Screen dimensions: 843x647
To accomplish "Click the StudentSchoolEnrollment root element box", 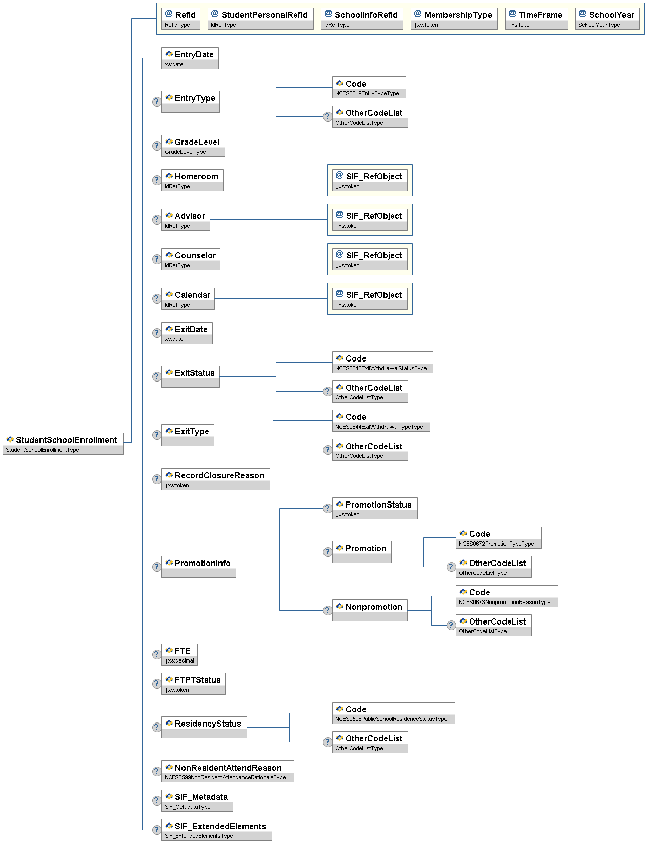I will click(x=63, y=444).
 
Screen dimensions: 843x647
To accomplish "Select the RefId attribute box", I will click(x=180, y=19).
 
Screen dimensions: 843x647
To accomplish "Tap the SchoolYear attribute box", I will click(x=607, y=19).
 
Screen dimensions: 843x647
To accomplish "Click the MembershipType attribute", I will click(x=454, y=19).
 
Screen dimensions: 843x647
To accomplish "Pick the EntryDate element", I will click(x=190, y=58).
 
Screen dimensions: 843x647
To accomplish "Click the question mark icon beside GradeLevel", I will click(x=157, y=146).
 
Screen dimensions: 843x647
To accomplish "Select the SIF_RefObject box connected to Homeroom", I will click(x=370, y=180).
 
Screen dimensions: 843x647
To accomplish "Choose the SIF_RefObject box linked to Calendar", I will click(x=370, y=299).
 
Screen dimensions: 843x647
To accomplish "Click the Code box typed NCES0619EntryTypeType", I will click(x=369, y=88).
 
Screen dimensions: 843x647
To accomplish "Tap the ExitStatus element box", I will click(x=190, y=377).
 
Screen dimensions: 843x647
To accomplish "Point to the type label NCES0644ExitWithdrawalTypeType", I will click(x=379, y=427).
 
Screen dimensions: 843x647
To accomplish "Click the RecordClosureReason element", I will click(x=215, y=479).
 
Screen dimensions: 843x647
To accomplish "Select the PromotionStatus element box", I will click(x=374, y=509).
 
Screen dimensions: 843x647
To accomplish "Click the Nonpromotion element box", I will click(x=370, y=611).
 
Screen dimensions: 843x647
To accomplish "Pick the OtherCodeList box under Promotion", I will click(x=493, y=567).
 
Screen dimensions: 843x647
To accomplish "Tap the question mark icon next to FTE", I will click(x=157, y=655).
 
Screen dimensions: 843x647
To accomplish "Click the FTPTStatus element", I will click(x=193, y=684).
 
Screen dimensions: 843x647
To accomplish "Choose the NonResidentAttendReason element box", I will click(x=228, y=772).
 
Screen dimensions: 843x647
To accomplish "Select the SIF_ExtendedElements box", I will click(x=216, y=830).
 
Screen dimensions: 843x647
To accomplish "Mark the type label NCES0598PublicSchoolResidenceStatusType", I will click(x=391, y=719).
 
